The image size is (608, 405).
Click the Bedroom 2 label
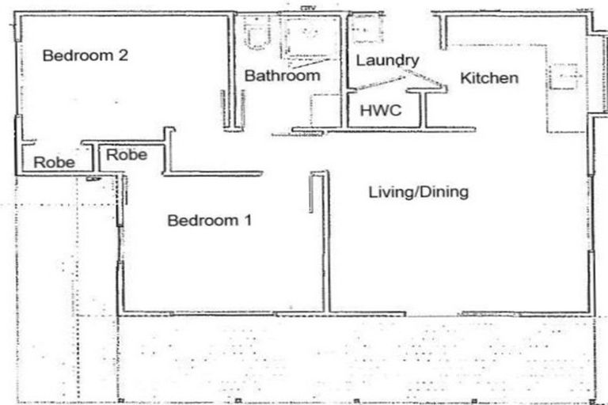(85, 56)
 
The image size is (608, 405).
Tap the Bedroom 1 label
(209, 221)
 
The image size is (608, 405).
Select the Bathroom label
(282, 76)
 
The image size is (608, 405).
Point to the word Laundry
(387, 60)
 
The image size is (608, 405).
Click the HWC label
(381, 110)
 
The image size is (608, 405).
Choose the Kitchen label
(489, 78)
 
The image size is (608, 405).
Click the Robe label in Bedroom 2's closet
(54, 163)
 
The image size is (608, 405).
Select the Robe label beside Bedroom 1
(127, 154)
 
